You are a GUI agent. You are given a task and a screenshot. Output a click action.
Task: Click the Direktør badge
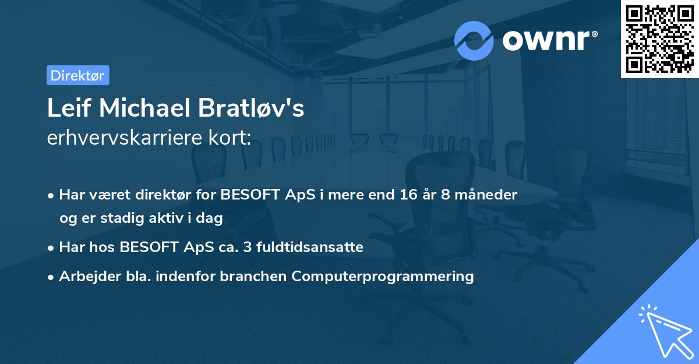tap(77, 75)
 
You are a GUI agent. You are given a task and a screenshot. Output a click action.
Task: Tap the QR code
tap(659, 38)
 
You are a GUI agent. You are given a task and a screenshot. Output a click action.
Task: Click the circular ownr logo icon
tap(474, 41)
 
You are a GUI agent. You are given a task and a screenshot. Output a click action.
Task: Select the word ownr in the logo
tap(548, 41)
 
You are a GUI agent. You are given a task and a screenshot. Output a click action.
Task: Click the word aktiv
tap(170, 218)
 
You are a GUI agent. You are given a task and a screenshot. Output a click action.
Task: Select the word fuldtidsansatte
tap(315, 247)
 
